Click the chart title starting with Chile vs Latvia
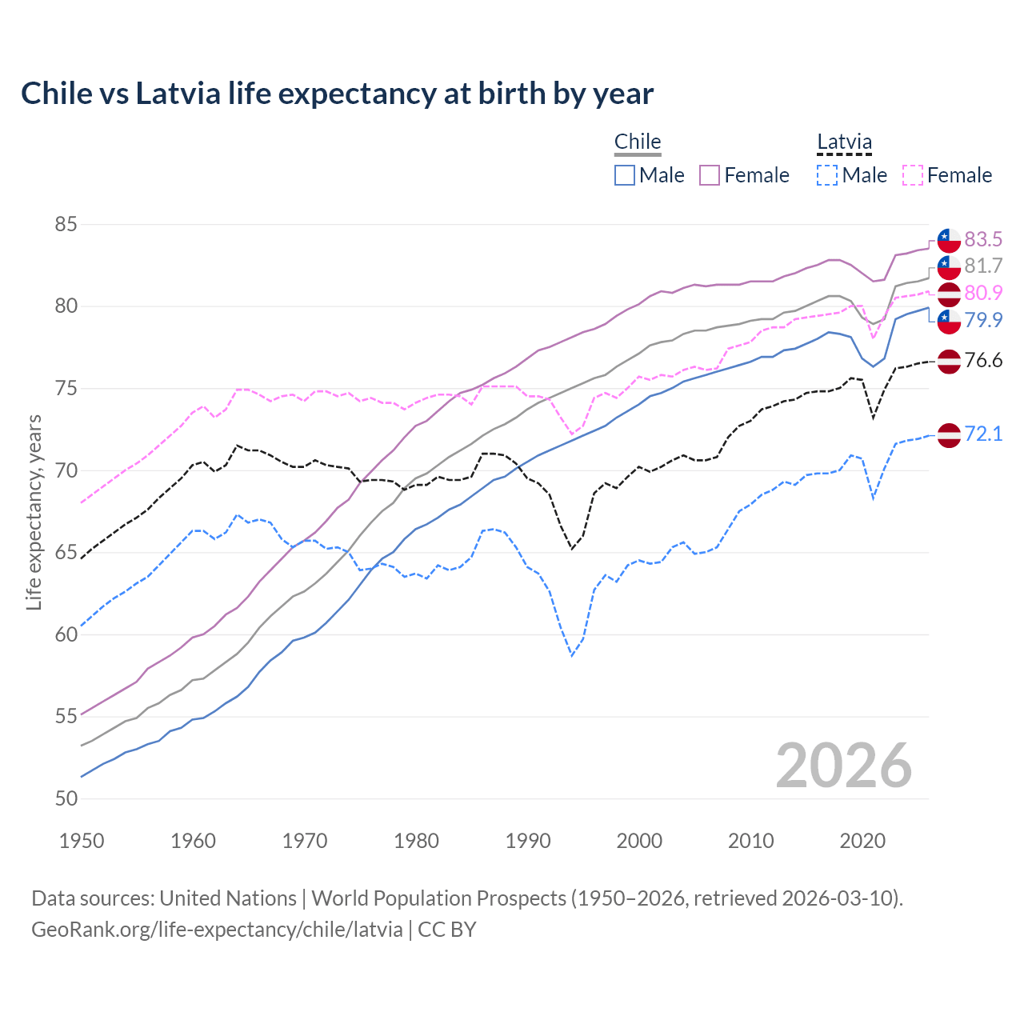pyautogui.click(x=337, y=94)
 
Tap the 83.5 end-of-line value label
pyautogui.click(x=983, y=239)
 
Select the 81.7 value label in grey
pyautogui.click(x=983, y=266)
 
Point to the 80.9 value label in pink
pyautogui.click(x=983, y=293)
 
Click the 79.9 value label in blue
pyautogui.click(x=983, y=320)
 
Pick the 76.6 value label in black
pyautogui.click(x=983, y=360)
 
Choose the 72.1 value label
pyautogui.click(x=983, y=434)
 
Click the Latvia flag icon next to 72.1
pyautogui.click(x=949, y=434)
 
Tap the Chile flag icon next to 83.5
pyautogui.click(x=949, y=240)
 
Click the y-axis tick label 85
pyautogui.click(x=66, y=225)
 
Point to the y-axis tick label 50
pyautogui.click(x=66, y=798)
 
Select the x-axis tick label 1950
pyautogui.click(x=82, y=841)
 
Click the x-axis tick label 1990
pyautogui.click(x=528, y=841)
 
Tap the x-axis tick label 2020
pyautogui.click(x=862, y=841)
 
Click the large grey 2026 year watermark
pyautogui.click(x=843, y=766)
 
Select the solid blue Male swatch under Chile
pyautogui.click(x=625, y=175)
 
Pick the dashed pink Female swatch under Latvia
pyautogui.click(x=913, y=175)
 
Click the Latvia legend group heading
pyautogui.click(x=844, y=142)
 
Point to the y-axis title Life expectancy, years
pyautogui.click(x=34, y=512)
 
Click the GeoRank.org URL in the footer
pyautogui.click(x=217, y=930)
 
